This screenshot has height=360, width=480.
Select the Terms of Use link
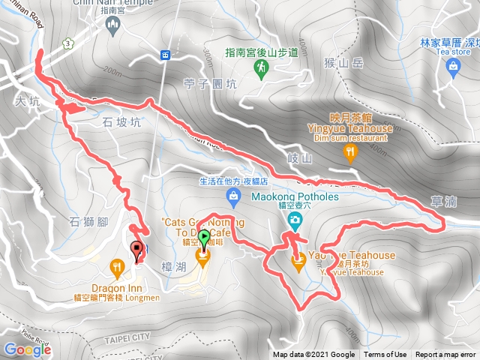pos(385,355)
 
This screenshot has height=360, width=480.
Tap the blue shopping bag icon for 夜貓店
pos(234,196)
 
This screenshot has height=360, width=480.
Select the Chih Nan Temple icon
pos(113,27)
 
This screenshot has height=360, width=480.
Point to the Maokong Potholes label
pos(295,196)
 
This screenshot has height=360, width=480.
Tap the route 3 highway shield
pos(69,43)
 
